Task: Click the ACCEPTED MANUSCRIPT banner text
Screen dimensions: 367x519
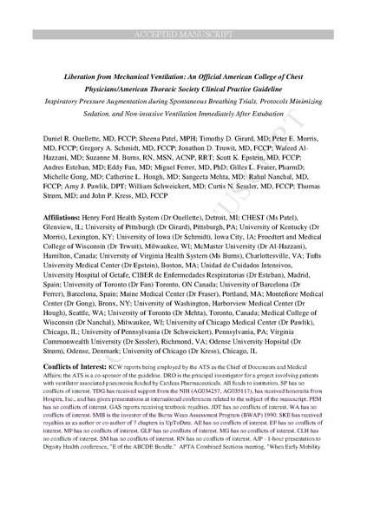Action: point(183,10)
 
